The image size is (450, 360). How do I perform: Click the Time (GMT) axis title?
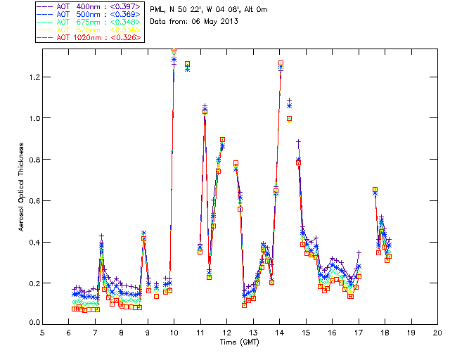pos(238,342)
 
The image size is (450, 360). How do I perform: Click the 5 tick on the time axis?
pos(43,333)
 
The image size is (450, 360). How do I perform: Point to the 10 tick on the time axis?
pos(174,333)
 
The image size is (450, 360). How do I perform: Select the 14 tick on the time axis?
pos(279,333)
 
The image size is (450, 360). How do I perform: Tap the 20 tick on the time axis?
pos(437,333)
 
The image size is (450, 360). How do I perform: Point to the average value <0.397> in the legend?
pos(127,7)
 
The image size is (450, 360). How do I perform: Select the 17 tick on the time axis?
pos(359,333)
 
